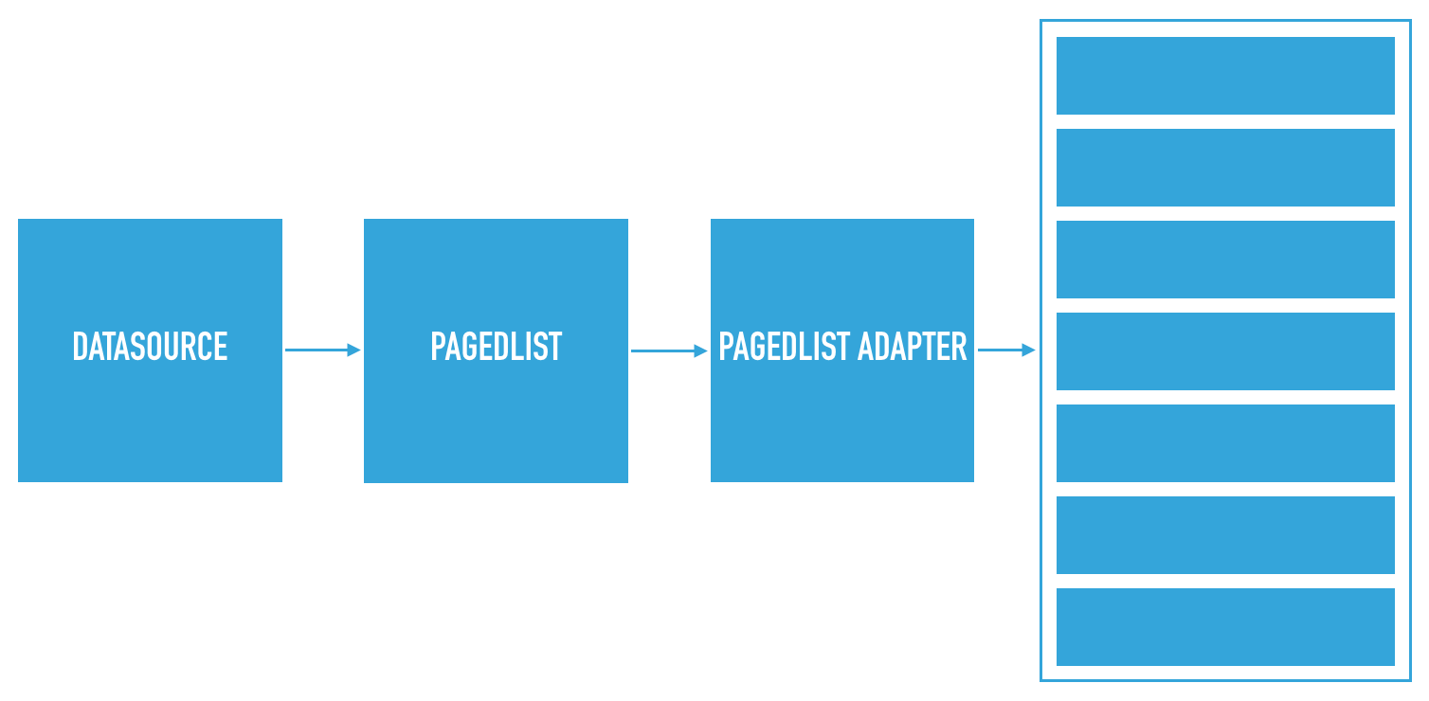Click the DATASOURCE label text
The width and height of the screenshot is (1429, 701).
coord(150,347)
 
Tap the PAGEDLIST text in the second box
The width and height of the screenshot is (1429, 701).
coord(497,347)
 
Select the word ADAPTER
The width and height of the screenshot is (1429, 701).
coord(913,347)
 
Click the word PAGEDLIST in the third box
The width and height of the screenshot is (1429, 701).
coord(784,347)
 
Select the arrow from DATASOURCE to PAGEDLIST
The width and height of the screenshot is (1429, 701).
coord(323,350)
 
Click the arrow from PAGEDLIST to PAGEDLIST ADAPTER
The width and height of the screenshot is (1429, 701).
coord(669,350)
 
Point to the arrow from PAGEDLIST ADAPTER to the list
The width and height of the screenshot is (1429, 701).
coord(1006,350)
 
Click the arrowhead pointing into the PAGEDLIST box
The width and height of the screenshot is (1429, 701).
coord(354,350)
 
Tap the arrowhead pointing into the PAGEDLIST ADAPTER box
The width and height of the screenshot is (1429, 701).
coord(701,350)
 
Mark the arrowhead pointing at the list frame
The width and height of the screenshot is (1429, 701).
coord(1029,350)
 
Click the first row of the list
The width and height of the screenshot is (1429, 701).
coord(1225,76)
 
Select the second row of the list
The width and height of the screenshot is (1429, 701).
coord(1225,168)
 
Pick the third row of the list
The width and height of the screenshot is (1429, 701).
coord(1225,260)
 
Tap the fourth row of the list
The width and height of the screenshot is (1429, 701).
coord(1225,351)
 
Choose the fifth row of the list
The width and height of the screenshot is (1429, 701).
coord(1225,443)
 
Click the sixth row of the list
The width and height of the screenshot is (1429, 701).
coord(1225,535)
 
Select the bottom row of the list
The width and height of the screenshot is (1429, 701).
coord(1225,627)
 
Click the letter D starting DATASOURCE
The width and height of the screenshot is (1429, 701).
coord(81,347)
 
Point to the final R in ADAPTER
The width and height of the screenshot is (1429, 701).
coord(959,347)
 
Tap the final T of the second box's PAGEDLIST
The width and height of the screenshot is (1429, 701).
coord(554,347)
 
